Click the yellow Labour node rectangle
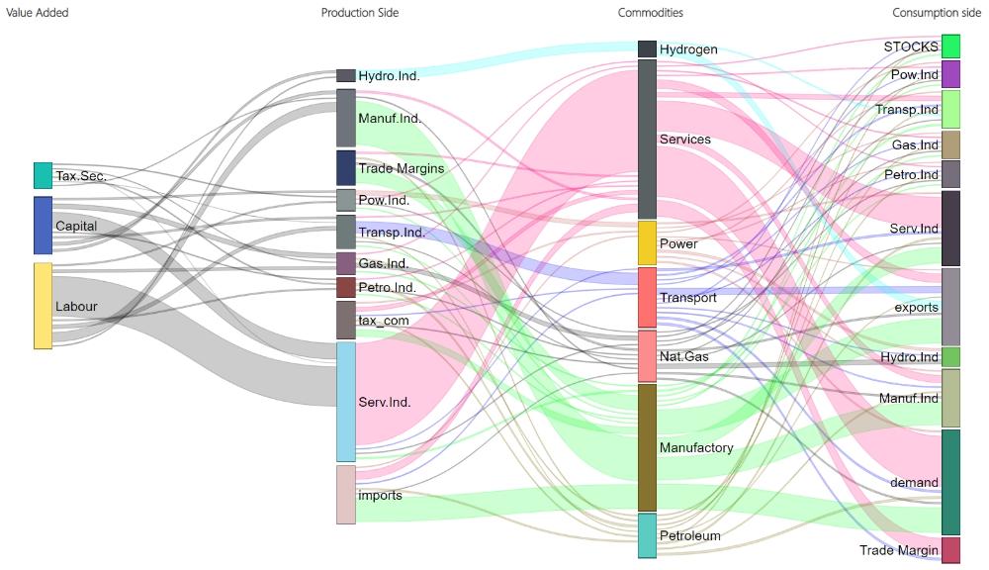coord(43,306)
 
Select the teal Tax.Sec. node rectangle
coord(43,176)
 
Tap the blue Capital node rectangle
coord(43,226)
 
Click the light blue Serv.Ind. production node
coord(345,402)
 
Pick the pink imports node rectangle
coord(345,495)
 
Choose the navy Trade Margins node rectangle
coord(345,168)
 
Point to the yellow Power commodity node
coord(647,243)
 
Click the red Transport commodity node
coord(647,297)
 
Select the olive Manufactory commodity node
coord(647,447)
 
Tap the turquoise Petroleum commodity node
coord(647,535)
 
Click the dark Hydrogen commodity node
coord(647,48)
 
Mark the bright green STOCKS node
coord(950,47)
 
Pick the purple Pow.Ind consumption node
coord(950,74)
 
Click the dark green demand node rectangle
coord(950,482)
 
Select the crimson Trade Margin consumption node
coord(950,550)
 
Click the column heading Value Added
coord(38,13)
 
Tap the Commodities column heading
coord(650,13)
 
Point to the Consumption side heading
coord(937,13)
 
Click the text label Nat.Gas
coord(683,356)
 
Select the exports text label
coord(916,307)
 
